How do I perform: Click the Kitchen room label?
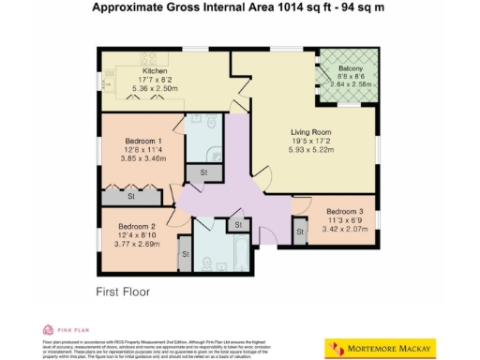155,70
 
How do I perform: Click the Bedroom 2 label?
136,226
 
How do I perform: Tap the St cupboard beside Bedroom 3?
300,232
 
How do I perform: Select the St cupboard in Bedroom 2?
184,254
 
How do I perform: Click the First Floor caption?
123,292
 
